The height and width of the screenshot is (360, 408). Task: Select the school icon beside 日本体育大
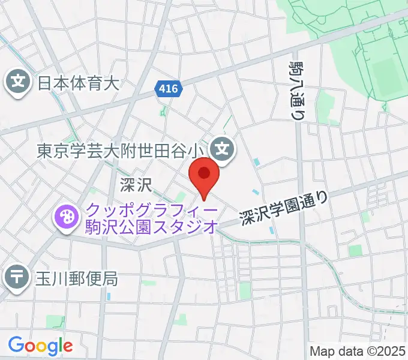coord(19,82)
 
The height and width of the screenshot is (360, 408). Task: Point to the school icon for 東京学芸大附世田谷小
coord(223,146)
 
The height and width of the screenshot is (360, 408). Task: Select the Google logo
coord(40,345)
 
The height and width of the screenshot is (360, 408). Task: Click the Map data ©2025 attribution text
coord(358,350)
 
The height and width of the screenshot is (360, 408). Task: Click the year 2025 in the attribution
coord(391,350)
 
